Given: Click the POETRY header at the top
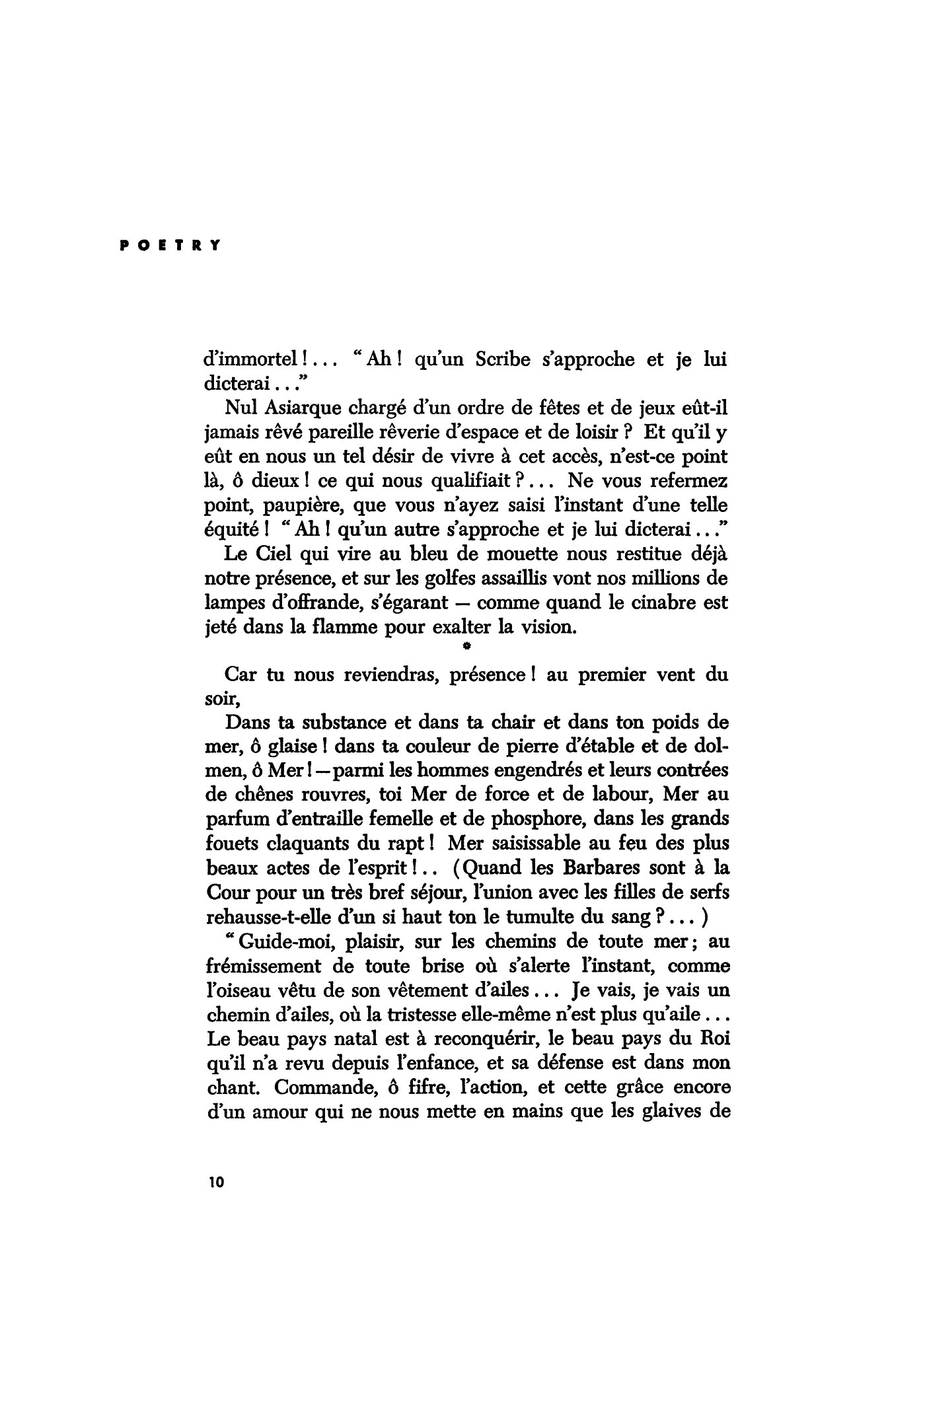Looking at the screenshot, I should (170, 244).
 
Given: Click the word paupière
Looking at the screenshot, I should (302, 506).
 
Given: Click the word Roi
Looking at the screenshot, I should (714, 1038).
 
